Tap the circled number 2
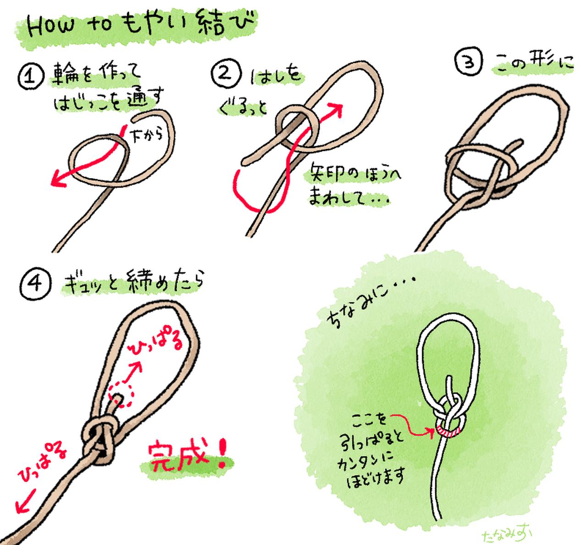[x=225, y=72]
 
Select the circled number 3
[x=469, y=61]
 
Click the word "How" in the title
[x=50, y=28]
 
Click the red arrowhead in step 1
[x=57, y=179]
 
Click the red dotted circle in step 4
[x=121, y=394]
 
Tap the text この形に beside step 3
[x=534, y=64]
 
